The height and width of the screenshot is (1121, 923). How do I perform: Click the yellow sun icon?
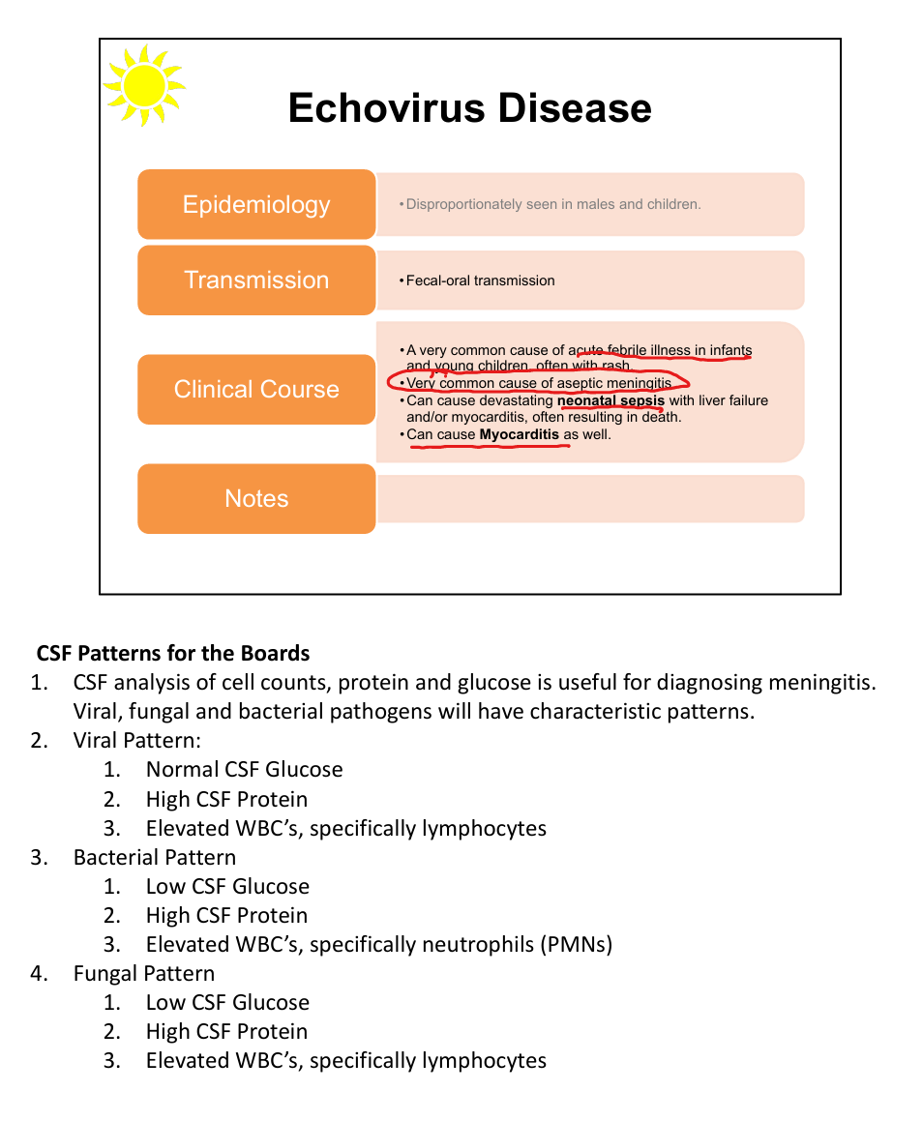(x=144, y=84)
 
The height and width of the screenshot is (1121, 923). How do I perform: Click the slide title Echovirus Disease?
(x=469, y=107)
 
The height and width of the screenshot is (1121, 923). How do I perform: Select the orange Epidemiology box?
(x=256, y=204)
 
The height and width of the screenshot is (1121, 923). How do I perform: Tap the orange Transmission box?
(x=256, y=280)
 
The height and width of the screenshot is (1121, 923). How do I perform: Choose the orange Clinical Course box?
(x=256, y=389)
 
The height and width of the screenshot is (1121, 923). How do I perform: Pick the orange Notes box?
(x=256, y=498)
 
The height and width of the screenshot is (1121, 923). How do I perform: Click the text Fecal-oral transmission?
(x=480, y=280)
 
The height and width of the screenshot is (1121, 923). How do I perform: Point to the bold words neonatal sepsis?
(x=610, y=400)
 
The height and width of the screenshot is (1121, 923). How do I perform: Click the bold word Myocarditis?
(x=520, y=434)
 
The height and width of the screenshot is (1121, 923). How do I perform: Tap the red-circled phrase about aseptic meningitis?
(x=538, y=383)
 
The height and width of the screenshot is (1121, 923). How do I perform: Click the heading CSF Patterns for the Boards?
(x=173, y=653)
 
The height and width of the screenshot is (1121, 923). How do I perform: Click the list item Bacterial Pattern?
(x=155, y=857)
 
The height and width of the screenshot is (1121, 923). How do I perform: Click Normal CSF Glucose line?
(x=244, y=770)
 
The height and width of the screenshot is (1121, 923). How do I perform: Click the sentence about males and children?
(x=553, y=204)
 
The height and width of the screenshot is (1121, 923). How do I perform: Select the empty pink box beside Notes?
(x=590, y=498)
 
